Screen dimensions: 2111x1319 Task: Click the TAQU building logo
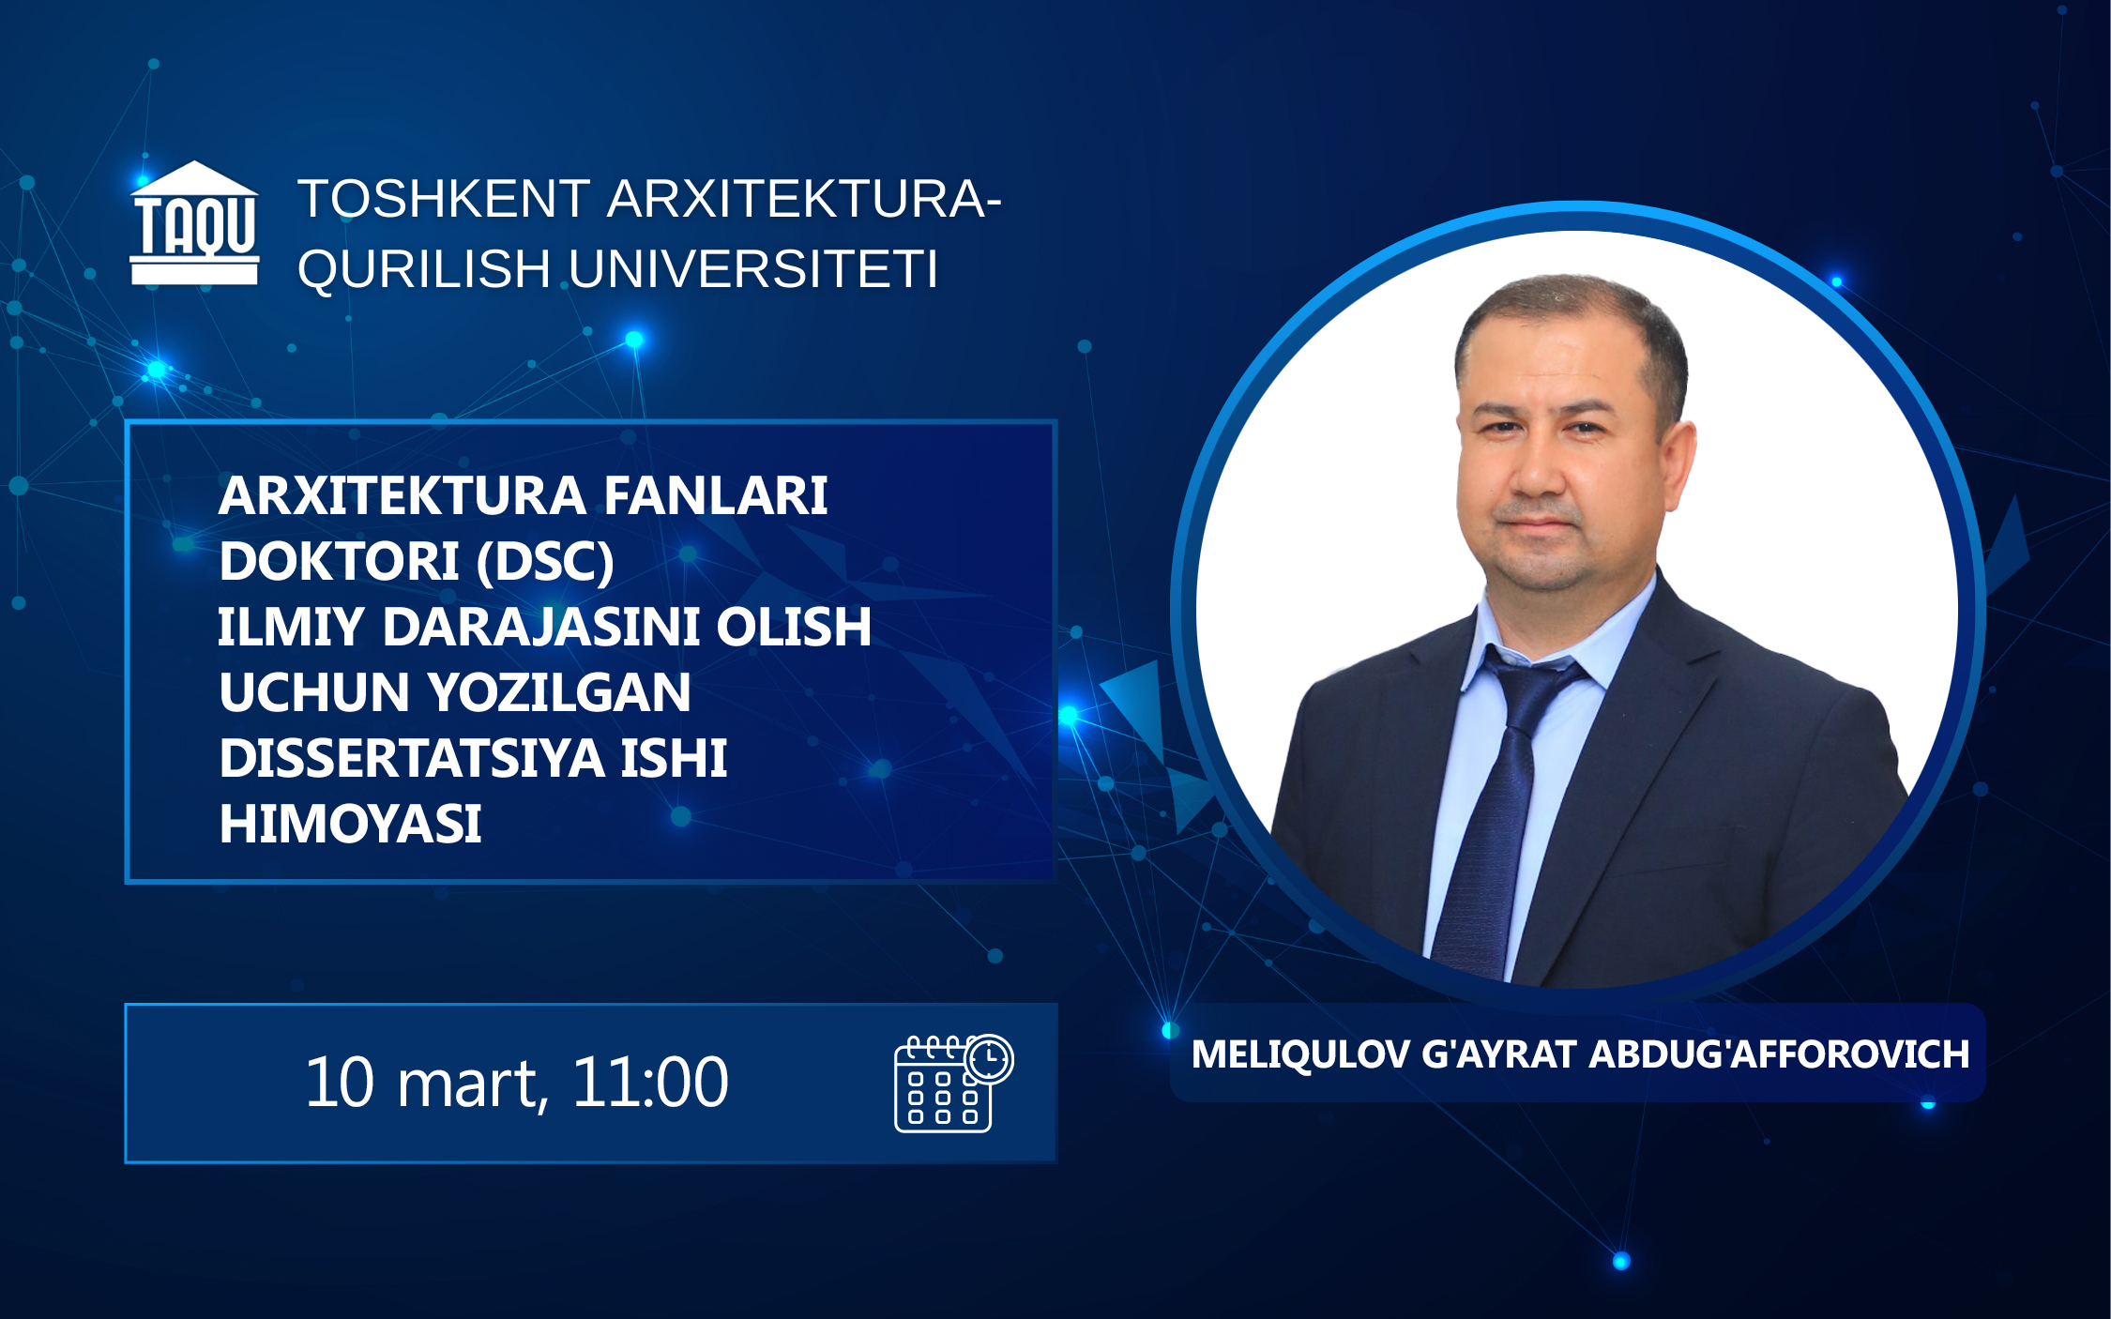[x=194, y=222]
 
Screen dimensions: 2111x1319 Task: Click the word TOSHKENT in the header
[x=444, y=199]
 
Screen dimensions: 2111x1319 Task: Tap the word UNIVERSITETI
[x=753, y=269]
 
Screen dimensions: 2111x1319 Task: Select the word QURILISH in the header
[x=424, y=270]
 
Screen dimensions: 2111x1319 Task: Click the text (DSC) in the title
[x=545, y=562]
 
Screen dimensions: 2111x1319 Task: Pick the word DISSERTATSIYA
[x=412, y=758]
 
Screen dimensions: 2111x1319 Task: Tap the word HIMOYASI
[x=350, y=824]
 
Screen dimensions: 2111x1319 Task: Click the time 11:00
[x=650, y=1082]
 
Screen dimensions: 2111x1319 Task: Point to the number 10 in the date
[x=340, y=1082]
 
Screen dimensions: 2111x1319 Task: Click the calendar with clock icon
[x=953, y=1083]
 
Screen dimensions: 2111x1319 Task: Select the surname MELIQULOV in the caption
[x=1300, y=1054]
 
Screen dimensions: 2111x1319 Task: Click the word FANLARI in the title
[x=715, y=495]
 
